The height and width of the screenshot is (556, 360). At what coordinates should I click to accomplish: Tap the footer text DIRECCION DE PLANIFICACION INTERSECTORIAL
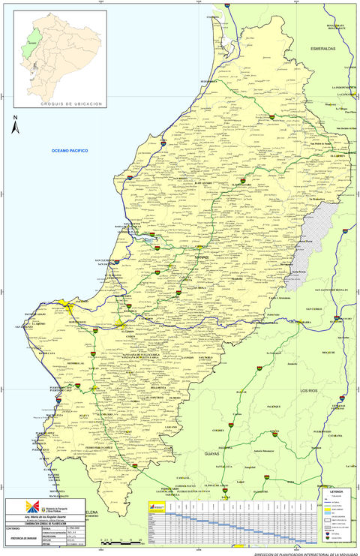[304, 552]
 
